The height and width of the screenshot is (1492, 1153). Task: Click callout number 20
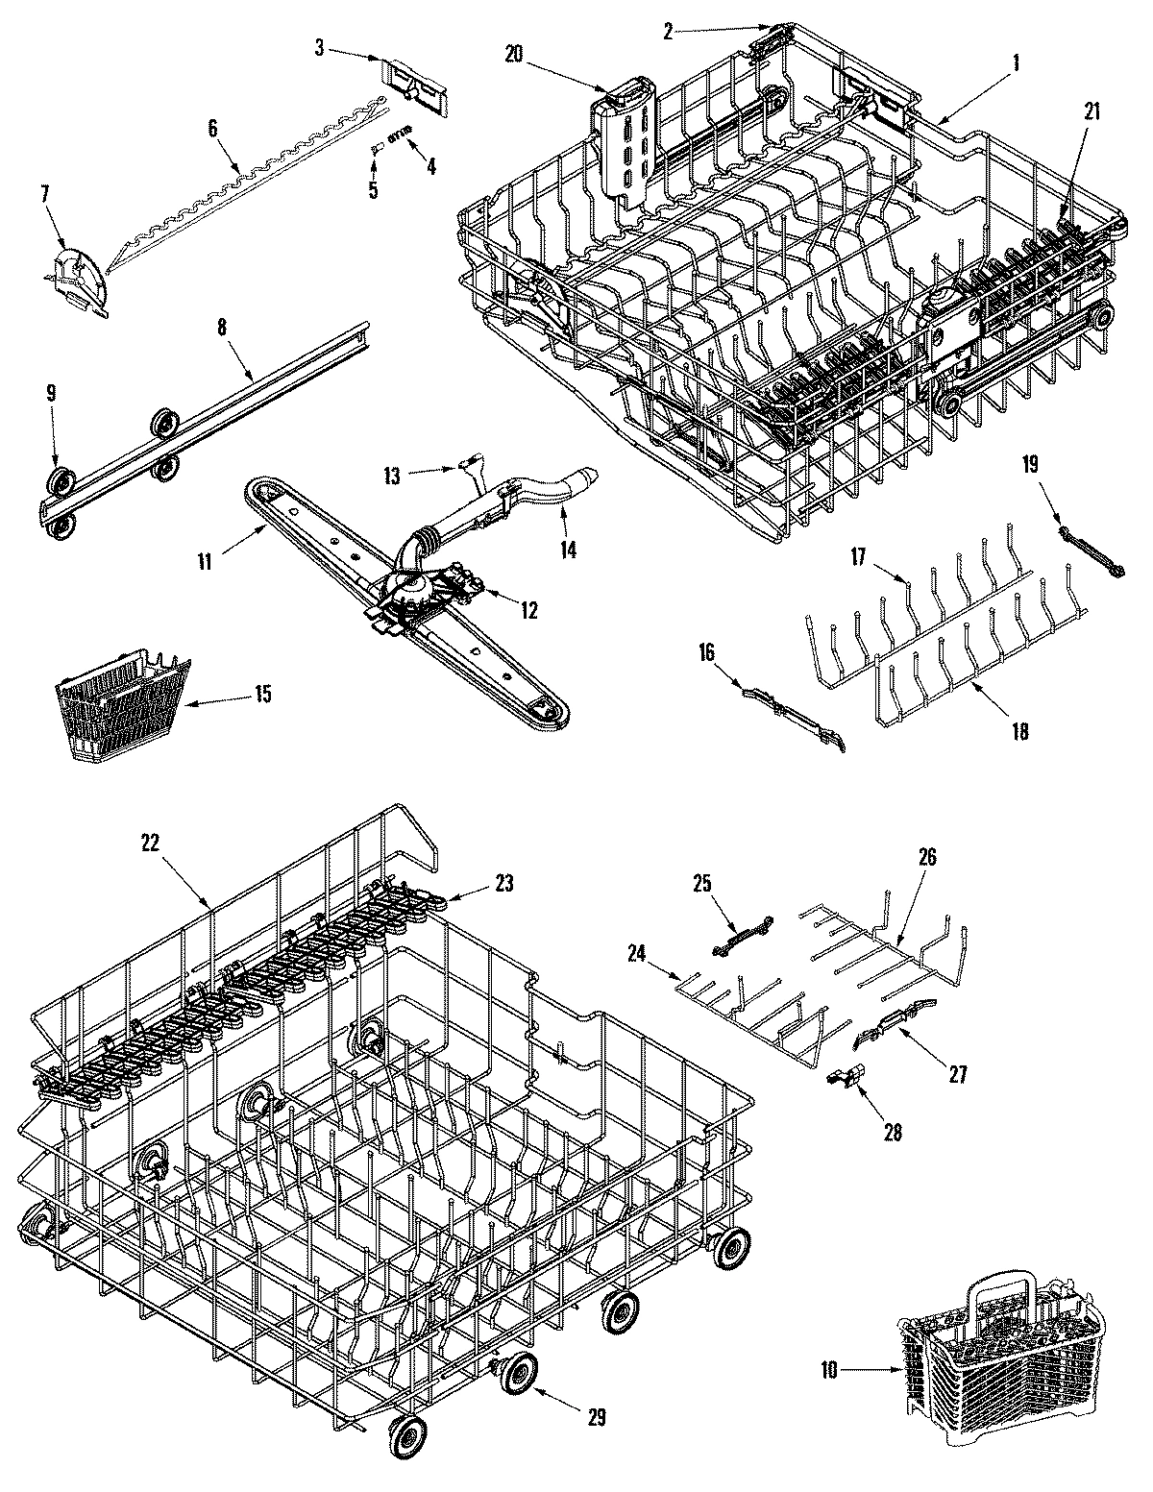(x=512, y=55)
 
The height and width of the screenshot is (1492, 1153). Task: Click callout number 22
(x=149, y=841)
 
